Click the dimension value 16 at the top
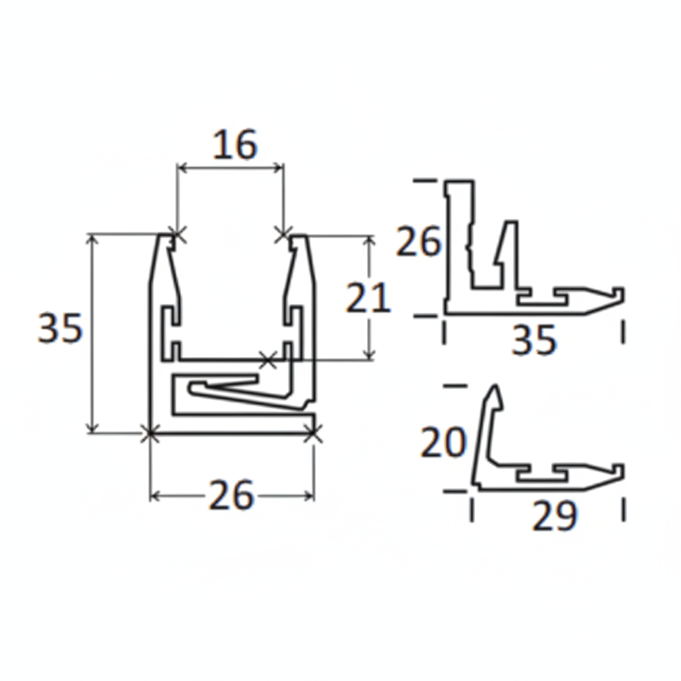pyautogui.click(x=235, y=146)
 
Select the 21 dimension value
pyautogui.click(x=368, y=298)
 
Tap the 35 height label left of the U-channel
pyautogui.click(x=60, y=328)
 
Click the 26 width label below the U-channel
pyautogui.click(x=231, y=496)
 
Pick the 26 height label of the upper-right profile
pyautogui.click(x=418, y=242)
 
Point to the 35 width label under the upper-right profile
pyautogui.click(x=534, y=341)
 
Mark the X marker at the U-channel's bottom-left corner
pyautogui.click(x=150, y=434)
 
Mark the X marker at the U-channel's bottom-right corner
pyautogui.click(x=313, y=434)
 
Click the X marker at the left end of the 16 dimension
pyautogui.click(x=176, y=233)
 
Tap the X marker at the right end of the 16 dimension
pyautogui.click(x=283, y=233)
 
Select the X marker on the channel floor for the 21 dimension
pyautogui.click(x=267, y=360)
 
